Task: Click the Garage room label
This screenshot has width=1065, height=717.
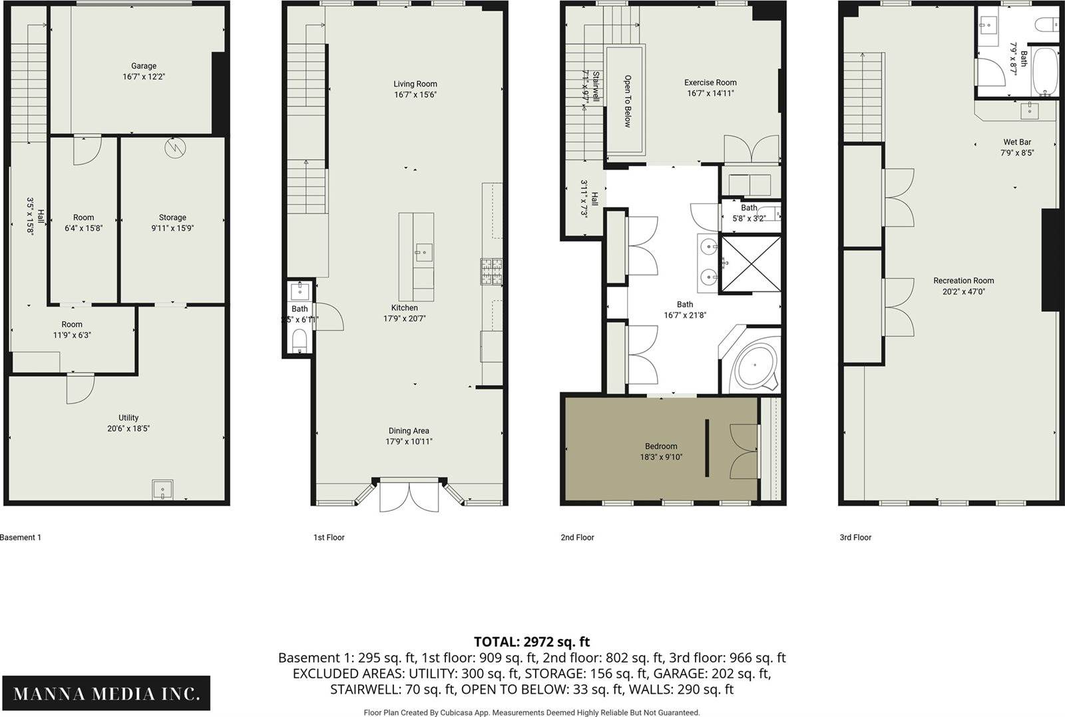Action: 144,66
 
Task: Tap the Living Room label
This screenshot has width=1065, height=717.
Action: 415,84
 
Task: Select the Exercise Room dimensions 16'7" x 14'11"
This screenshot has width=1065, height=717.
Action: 710,93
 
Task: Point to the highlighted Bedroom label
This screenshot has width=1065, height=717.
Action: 661,446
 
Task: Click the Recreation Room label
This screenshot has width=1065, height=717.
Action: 963,281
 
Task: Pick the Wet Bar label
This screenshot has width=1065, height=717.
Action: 1017,142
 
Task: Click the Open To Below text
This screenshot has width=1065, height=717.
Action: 628,101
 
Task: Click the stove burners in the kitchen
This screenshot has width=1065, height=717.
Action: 492,271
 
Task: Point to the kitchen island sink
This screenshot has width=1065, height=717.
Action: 423,252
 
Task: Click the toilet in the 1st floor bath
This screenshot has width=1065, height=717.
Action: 299,340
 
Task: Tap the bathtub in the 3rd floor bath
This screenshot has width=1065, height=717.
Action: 1044,71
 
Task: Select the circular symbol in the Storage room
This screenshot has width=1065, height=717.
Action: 176,148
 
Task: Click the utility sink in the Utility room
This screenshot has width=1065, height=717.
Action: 162,490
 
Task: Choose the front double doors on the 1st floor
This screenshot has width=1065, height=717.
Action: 409,497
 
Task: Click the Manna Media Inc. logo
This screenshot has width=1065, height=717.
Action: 106,693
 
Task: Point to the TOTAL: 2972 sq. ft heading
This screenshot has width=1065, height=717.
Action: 532,642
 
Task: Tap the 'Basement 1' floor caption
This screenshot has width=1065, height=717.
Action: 21,537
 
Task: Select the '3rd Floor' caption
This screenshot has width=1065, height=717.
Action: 855,537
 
